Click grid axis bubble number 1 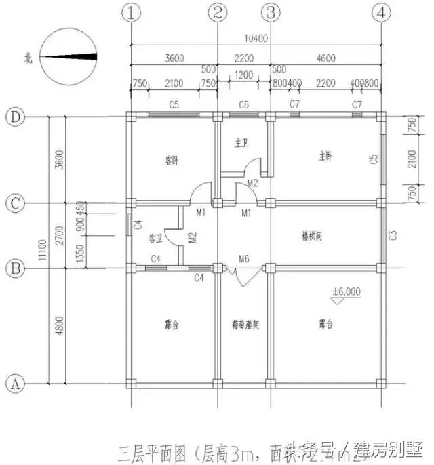click(x=130, y=12)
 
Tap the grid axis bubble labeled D click(x=15, y=117)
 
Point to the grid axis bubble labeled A click(x=15, y=383)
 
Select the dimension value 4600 click(x=325, y=59)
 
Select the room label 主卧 click(x=326, y=156)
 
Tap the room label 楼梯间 click(x=311, y=237)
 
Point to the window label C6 click(x=243, y=104)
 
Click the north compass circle click(x=68, y=57)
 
